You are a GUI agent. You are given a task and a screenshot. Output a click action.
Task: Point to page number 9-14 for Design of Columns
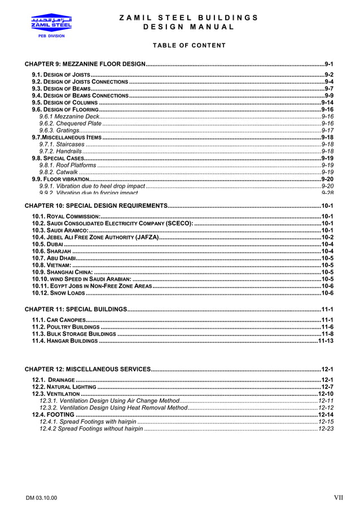(x=327, y=103)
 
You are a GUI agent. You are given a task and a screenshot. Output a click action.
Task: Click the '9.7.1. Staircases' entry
(x=62, y=144)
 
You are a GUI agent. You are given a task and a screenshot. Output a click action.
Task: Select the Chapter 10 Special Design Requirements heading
(x=95, y=206)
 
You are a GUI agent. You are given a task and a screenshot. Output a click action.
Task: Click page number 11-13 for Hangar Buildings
(x=326, y=341)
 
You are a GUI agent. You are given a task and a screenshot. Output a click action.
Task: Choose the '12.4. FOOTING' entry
(x=53, y=415)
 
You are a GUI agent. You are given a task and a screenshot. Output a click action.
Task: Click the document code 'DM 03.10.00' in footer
(x=41, y=498)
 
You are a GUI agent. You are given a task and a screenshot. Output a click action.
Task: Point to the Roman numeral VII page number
(x=338, y=498)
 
